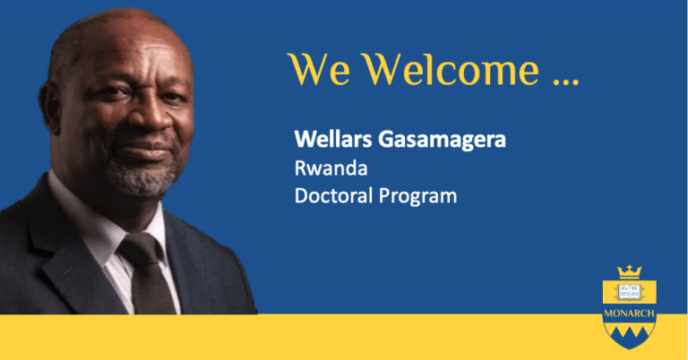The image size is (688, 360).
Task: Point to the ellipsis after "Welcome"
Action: (566, 81)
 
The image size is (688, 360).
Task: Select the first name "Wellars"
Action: (333, 140)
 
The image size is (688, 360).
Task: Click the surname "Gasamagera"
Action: (442, 141)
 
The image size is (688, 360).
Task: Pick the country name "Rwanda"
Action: (331, 168)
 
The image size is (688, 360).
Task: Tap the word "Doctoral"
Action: (333, 195)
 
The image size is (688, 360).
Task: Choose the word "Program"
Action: (417, 197)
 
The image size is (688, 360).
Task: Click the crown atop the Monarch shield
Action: (629, 272)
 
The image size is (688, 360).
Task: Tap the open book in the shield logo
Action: (629, 292)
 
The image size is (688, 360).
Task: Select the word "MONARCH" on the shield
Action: (629, 313)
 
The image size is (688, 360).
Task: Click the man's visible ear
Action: (49, 107)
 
